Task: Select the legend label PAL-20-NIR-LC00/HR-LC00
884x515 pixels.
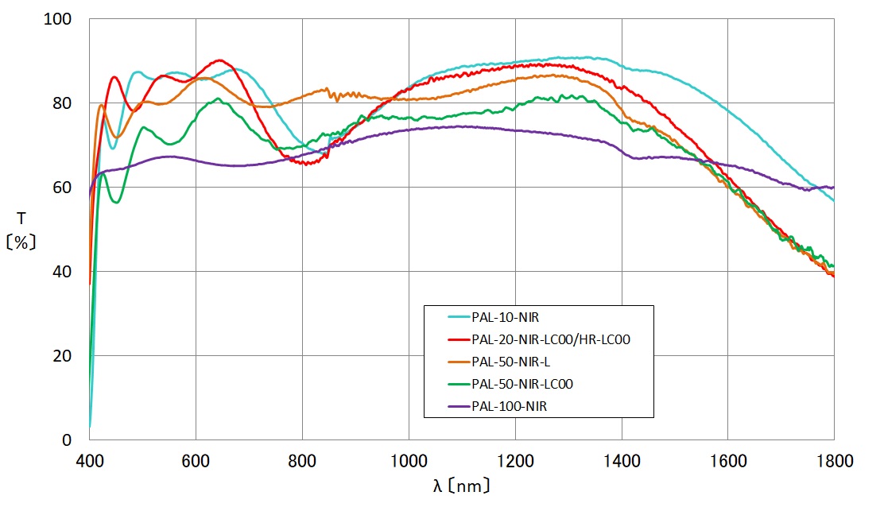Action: (550, 340)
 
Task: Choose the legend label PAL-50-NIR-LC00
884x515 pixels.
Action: (522, 384)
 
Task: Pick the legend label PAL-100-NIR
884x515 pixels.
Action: (509, 406)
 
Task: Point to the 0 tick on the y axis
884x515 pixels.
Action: (68, 439)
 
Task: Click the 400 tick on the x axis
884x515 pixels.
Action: (89, 459)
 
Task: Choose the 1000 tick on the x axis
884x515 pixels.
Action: (409, 459)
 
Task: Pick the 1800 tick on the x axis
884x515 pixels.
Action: (834, 459)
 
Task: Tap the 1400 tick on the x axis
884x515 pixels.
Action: (622, 459)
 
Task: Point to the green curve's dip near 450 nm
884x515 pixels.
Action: (117, 203)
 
